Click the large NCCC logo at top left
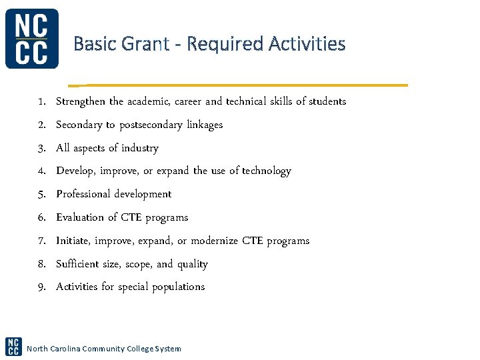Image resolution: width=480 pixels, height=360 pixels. tap(32, 39)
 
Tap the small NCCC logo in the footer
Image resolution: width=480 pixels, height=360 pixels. tap(13, 346)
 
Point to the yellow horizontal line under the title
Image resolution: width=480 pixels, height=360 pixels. tap(240, 85)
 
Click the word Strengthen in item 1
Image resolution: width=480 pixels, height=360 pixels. tap(81, 101)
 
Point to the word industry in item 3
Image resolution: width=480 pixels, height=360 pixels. tap(139, 148)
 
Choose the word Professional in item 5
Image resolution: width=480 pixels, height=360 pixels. tap(83, 194)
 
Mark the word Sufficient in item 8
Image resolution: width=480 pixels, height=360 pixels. tap(78, 264)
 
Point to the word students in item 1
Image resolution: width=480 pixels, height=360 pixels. tap(327, 101)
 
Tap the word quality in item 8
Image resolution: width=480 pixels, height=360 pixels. tap(193, 264)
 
